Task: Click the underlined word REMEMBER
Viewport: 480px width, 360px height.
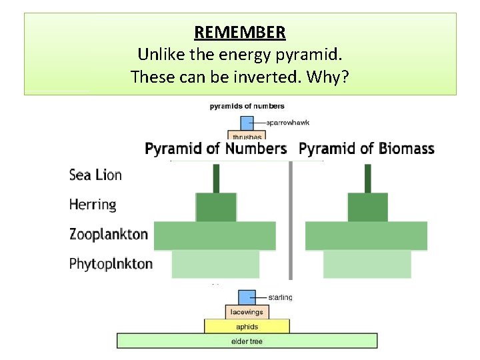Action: pos(240,32)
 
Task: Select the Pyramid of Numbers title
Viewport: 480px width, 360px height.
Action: pos(216,149)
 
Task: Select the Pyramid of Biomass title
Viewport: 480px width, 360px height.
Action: pos(367,149)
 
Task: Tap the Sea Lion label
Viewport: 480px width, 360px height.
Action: pos(95,175)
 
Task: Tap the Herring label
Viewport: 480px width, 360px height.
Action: pos(93,204)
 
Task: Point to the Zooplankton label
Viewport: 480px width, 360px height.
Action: pos(108,234)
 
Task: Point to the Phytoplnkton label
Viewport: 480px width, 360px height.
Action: pos(111,264)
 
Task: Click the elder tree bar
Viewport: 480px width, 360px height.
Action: pos(247,341)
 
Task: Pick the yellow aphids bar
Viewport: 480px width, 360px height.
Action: pos(247,327)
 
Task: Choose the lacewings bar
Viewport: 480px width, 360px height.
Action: pos(247,312)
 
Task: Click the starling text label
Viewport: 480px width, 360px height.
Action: pos(281,297)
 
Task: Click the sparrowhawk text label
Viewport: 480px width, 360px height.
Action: pos(288,123)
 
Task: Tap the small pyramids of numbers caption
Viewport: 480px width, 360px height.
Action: pos(247,106)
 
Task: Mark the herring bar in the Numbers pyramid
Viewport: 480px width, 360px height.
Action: pos(216,207)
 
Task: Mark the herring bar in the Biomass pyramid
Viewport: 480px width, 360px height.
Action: pos(367,207)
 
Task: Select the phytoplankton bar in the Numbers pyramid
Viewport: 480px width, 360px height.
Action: pos(215,265)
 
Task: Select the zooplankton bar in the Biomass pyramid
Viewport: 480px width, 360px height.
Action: pos(366,236)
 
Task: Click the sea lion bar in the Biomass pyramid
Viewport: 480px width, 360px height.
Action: pos(367,178)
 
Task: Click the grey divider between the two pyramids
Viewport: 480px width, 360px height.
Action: pos(291,220)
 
